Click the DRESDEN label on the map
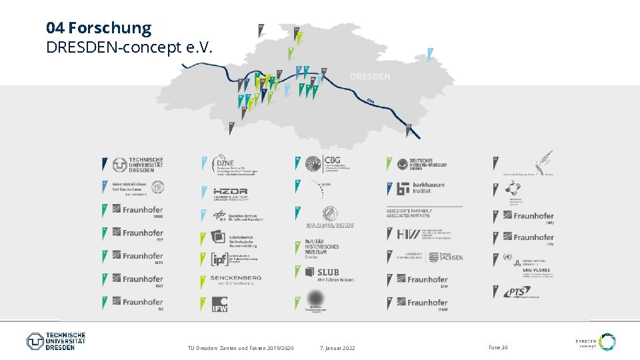(x=370, y=77)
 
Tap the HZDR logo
(x=231, y=192)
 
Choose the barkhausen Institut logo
(x=420, y=188)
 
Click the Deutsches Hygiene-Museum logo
(x=423, y=164)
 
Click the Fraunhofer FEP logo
(x=138, y=234)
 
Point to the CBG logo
(x=331, y=163)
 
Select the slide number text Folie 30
(x=498, y=348)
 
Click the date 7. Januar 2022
(x=337, y=348)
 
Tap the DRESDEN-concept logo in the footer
(x=595, y=343)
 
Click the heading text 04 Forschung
(x=99, y=28)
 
